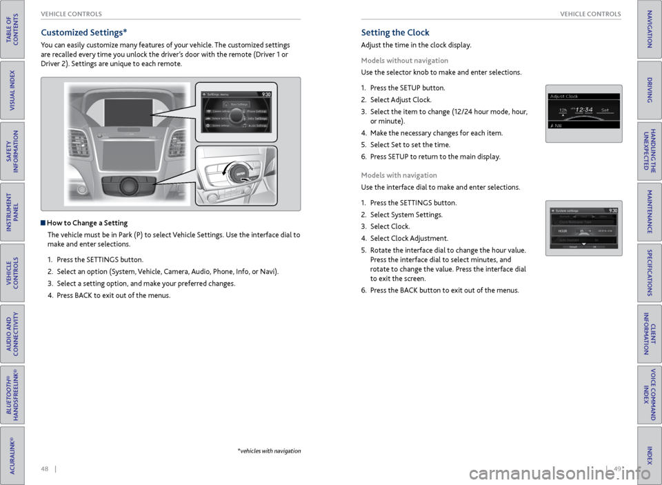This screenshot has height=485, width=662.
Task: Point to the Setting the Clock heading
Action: (x=395, y=32)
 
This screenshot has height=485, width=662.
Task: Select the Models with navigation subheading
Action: (x=399, y=175)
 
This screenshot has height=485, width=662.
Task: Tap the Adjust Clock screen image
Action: (x=583, y=112)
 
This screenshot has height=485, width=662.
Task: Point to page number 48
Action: (x=45, y=470)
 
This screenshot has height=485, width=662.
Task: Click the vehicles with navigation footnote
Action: (x=269, y=451)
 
